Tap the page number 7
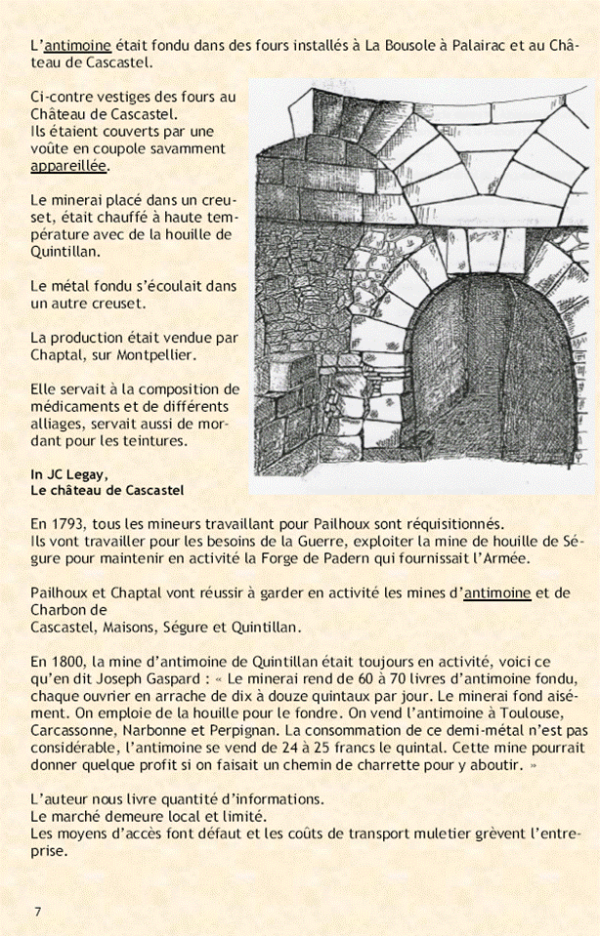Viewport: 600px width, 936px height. pos(37,912)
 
